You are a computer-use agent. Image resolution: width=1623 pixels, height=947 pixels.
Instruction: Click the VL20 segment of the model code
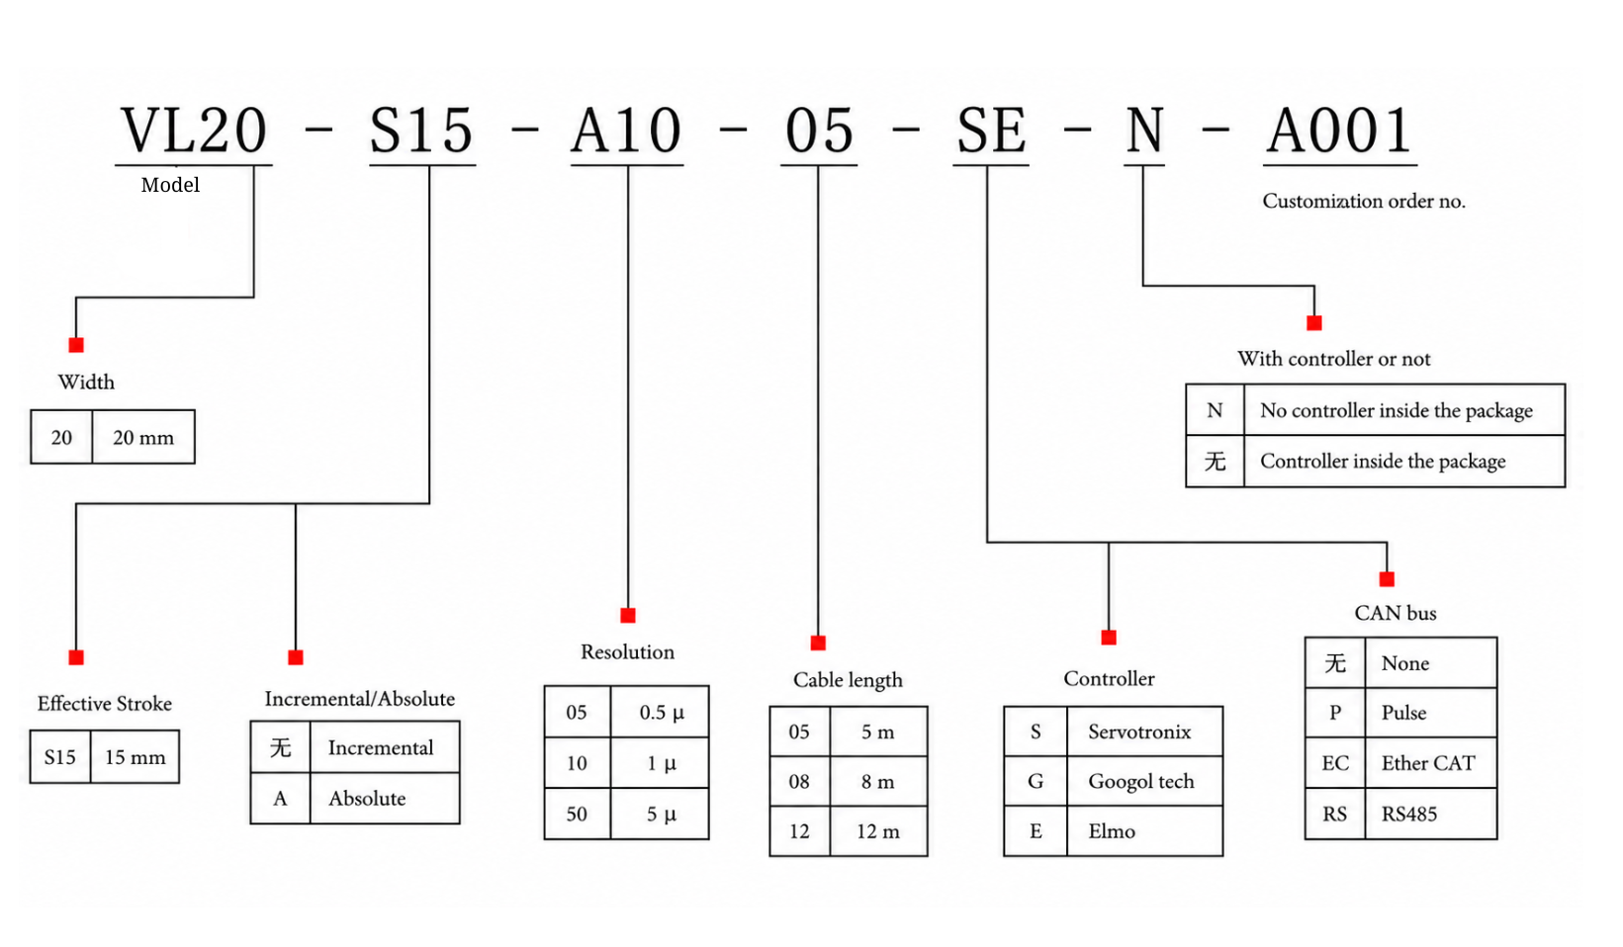click(194, 130)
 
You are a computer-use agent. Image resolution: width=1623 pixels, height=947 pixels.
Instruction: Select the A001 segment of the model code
click(1339, 130)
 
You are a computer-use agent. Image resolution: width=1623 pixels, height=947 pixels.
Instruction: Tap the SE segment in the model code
click(991, 130)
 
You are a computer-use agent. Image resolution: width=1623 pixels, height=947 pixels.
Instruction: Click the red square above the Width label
click(76, 345)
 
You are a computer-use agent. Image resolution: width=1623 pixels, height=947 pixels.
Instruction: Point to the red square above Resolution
click(628, 616)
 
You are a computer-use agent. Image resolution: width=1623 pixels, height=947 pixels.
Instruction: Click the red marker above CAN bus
click(1387, 579)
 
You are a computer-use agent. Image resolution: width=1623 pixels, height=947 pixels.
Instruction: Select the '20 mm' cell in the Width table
click(143, 437)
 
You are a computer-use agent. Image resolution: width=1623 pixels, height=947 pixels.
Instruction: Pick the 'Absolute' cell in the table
click(384, 798)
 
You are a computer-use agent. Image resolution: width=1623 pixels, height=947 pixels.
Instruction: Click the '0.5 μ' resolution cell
click(661, 712)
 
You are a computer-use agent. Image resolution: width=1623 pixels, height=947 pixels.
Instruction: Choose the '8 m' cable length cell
click(877, 781)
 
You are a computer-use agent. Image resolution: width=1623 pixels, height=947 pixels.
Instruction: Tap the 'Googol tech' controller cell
click(1143, 781)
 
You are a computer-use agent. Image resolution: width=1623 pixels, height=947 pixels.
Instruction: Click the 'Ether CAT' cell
click(1429, 763)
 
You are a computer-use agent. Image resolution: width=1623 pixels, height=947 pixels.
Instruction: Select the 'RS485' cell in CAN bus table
click(1429, 814)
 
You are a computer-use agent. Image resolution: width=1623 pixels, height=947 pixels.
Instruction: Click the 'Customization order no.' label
click(1364, 201)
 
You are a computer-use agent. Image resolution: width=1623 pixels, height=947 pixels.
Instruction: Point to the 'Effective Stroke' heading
click(105, 704)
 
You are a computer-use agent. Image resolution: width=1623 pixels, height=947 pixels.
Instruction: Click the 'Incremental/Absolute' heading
click(360, 699)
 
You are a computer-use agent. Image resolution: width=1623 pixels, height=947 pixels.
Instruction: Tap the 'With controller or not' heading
click(1334, 359)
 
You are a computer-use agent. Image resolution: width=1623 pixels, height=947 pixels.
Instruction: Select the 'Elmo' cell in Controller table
click(1143, 831)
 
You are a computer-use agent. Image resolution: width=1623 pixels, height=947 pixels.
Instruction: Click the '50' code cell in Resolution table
click(577, 814)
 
